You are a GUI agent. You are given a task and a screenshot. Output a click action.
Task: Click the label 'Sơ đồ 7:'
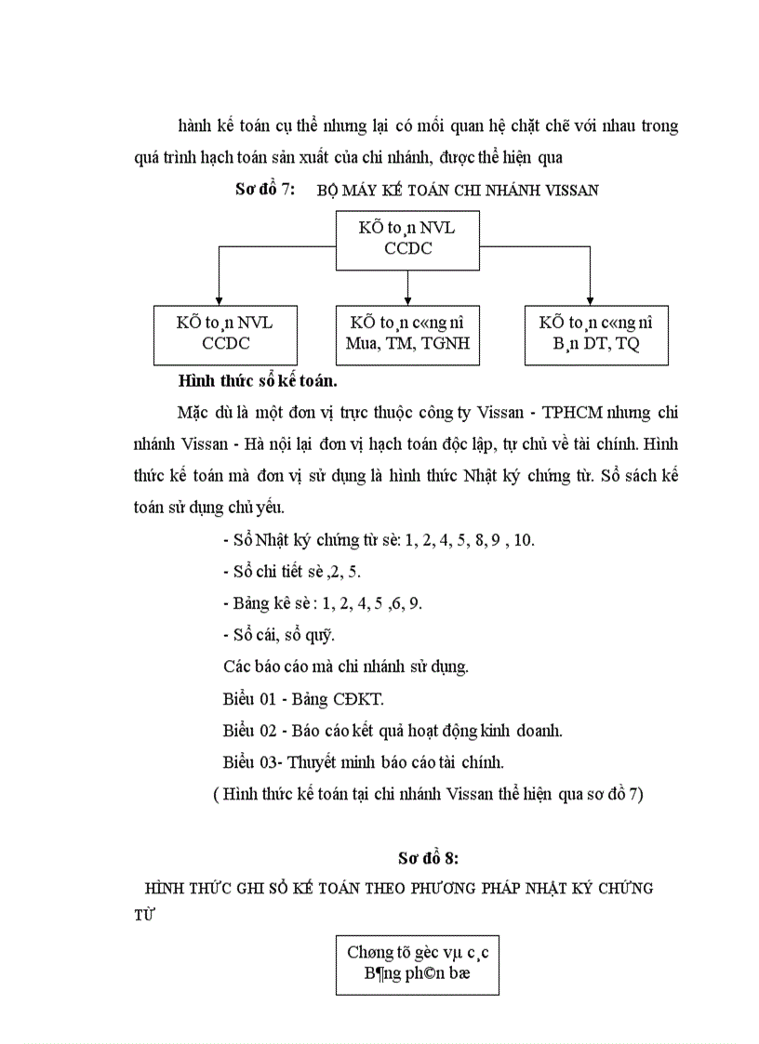tap(265, 190)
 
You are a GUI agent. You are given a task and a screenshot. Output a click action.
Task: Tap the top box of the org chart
tap(407, 240)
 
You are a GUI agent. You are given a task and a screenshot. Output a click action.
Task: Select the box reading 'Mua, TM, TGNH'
tap(407, 334)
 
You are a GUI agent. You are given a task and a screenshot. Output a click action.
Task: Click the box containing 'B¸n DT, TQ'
tap(595, 334)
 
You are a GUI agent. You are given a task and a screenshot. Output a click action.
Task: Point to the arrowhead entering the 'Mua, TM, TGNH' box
tap(407, 299)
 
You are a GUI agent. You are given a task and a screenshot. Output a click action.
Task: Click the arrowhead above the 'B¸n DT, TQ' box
tap(592, 299)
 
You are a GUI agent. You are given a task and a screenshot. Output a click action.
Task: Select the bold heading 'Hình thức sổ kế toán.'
tap(257, 380)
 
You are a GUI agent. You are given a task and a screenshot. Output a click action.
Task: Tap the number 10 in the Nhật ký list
tap(524, 539)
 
